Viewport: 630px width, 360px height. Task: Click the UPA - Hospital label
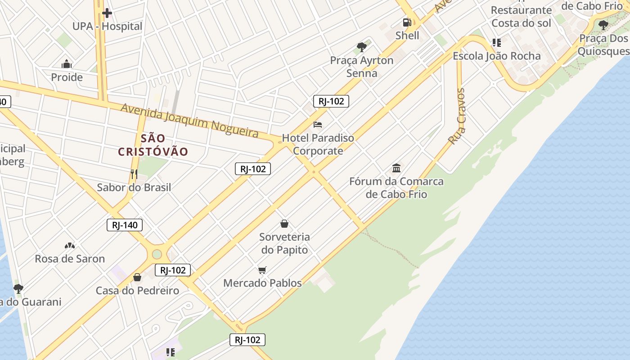tap(107, 27)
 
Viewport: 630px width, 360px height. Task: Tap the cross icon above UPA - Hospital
tap(107, 13)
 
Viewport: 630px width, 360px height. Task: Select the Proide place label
tap(67, 77)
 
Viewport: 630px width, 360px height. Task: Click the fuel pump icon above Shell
tap(407, 22)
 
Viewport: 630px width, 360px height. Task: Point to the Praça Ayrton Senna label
tap(362, 67)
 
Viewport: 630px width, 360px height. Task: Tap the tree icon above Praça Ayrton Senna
tap(361, 47)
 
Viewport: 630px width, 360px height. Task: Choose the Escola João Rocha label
tap(496, 56)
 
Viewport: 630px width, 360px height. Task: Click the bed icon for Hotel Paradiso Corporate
tap(318, 124)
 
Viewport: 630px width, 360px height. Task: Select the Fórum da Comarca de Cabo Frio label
tap(396, 188)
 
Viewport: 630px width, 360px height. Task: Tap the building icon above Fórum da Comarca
tap(396, 168)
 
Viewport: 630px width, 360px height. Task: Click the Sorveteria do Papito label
tap(284, 243)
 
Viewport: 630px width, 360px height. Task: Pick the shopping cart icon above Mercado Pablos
tap(262, 270)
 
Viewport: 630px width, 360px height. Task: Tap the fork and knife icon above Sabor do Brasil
tap(134, 174)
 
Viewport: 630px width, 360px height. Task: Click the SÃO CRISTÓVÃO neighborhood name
tap(153, 145)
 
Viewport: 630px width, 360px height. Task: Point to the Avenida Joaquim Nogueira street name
tap(190, 120)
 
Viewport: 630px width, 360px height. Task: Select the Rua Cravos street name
tap(457, 116)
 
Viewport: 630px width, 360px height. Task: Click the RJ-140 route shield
tap(125, 225)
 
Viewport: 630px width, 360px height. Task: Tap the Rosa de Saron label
tap(70, 259)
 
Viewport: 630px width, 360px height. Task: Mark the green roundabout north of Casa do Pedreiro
tap(157, 254)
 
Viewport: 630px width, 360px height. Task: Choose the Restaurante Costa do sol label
tap(521, 16)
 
